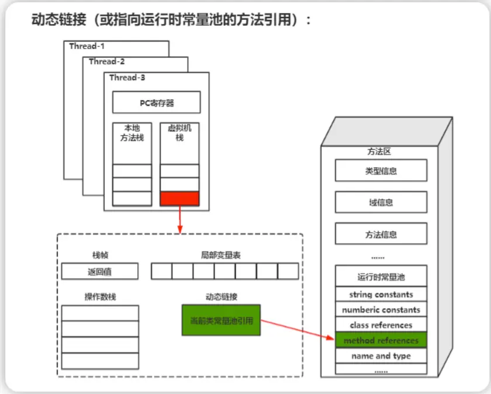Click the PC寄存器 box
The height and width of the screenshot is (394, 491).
click(156, 103)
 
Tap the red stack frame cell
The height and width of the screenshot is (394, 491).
click(179, 199)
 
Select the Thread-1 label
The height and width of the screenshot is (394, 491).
click(87, 46)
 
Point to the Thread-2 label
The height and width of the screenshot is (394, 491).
click(107, 61)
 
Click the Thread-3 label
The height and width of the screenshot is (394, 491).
click(127, 77)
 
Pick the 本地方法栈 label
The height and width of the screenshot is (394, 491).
click(132, 133)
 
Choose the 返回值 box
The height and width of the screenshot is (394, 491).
click(100, 271)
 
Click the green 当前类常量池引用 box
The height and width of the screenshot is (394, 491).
click(221, 320)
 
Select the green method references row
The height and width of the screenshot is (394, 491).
click(381, 340)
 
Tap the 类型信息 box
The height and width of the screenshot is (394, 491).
click(381, 171)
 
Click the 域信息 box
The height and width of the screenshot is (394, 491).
click(381, 202)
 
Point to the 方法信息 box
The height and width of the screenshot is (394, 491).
click(381, 234)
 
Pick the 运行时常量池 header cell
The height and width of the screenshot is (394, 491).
click(381, 276)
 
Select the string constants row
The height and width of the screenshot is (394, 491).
click(381, 295)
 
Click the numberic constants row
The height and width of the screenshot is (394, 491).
click(381, 310)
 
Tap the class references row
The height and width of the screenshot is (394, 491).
click(381, 325)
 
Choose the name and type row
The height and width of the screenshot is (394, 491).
click(381, 356)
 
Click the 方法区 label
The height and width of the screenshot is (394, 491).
click(379, 151)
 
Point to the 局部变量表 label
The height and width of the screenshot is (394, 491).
click(217, 255)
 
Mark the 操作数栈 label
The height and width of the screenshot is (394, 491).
click(100, 297)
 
